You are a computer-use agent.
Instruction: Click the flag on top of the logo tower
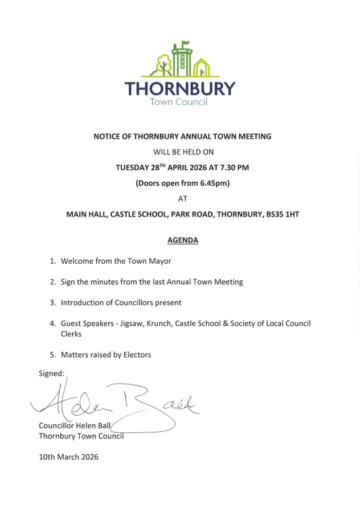point(185,43)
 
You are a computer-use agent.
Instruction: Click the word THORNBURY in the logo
point(179,89)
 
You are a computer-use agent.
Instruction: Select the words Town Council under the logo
point(178,103)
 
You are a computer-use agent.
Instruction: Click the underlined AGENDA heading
point(183,240)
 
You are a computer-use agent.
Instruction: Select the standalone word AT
point(183,199)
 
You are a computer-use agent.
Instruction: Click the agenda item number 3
point(52,302)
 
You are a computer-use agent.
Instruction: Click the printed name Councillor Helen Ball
point(75,425)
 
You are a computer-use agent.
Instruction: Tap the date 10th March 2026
point(68,456)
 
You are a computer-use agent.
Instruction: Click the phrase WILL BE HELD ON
point(183,152)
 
